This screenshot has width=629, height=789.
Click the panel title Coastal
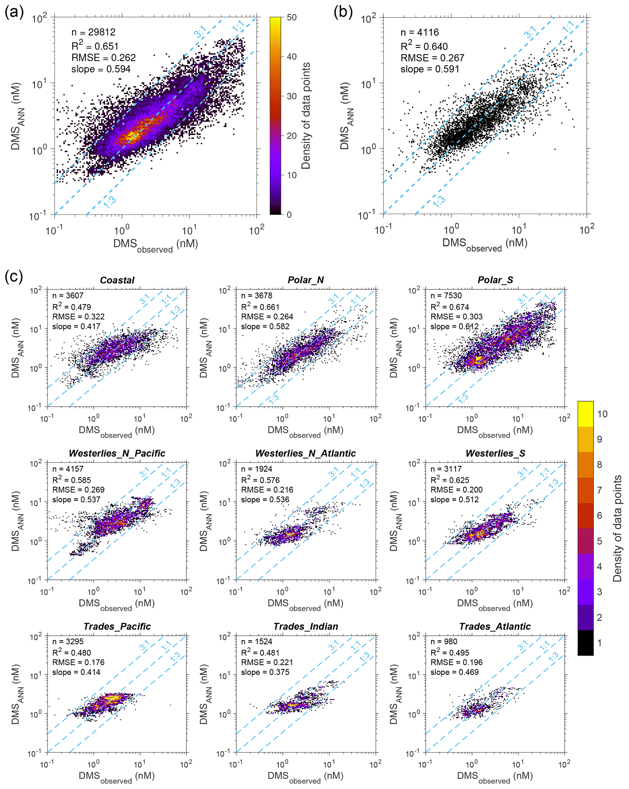point(117,280)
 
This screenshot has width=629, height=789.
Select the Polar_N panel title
point(306,280)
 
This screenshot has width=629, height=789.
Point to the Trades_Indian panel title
point(306,626)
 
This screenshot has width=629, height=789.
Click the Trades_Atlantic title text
point(495,626)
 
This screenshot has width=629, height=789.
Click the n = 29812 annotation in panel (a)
point(93,32)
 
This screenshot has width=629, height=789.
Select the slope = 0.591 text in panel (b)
point(430,69)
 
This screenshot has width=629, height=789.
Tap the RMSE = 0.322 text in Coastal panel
point(78,317)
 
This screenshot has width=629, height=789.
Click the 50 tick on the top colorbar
point(292,18)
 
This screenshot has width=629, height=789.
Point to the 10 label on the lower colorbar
point(602,414)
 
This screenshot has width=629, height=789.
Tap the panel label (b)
point(343,12)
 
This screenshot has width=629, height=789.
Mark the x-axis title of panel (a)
point(156,244)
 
